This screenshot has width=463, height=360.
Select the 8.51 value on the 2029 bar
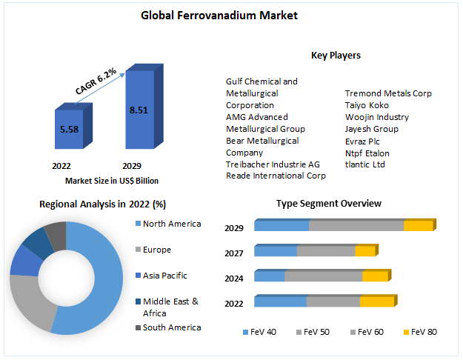click(x=139, y=110)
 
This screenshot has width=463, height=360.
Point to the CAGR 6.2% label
click(x=96, y=80)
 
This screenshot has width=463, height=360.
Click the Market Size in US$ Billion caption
click(x=112, y=180)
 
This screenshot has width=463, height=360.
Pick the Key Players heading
click(x=336, y=56)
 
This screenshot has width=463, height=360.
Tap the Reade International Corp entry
click(x=276, y=176)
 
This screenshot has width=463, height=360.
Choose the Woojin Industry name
click(x=376, y=117)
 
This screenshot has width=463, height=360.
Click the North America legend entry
click(x=171, y=224)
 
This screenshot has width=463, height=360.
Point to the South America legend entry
click(x=171, y=327)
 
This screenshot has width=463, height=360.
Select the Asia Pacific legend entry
click(x=164, y=276)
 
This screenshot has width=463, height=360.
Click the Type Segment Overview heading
click(x=329, y=204)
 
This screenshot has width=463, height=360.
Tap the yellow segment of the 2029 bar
click(x=417, y=226)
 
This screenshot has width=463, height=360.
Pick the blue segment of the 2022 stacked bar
click(x=280, y=301)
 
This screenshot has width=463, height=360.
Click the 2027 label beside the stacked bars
click(x=234, y=253)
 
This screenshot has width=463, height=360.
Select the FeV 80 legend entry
click(x=424, y=332)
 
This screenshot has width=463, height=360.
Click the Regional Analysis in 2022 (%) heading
click(x=102, y=204)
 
